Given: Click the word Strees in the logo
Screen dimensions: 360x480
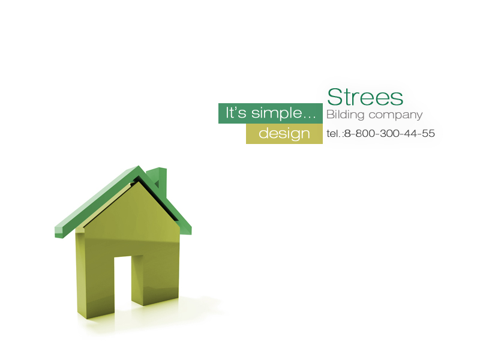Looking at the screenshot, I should (x=365, y=97).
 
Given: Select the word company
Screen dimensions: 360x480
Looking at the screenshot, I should (x=395, y=115).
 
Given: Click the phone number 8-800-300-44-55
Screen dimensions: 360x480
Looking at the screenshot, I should (x=389, y=133).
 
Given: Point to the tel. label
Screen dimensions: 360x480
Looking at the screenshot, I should (x=333, y=133).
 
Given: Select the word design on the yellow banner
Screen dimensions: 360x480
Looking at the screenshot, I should (x=284, y=134).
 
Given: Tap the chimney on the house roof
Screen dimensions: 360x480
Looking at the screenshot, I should (x=159, y=180).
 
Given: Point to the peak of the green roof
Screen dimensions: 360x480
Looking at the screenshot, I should (x=139, y=169).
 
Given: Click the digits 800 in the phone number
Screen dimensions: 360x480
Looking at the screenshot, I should (x=363, y=133).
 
